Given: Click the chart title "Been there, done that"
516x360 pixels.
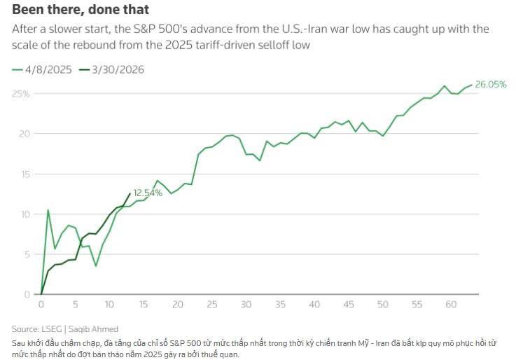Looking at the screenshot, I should tap(81, 11).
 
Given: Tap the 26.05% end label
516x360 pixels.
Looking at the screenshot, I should tap(491, 85).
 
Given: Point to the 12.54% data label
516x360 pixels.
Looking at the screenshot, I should tap(147, 193).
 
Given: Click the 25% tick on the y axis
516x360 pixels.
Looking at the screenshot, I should tap(20, 93).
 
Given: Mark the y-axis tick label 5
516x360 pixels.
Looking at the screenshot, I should tap(25, 254).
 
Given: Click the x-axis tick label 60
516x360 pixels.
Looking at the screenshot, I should tap(451, 305).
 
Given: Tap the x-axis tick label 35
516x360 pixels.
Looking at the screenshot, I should tap(280, 305).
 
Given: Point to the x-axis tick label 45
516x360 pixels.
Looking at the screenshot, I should tap(349, 305).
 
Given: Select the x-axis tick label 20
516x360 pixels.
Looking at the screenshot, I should tap(178, 305).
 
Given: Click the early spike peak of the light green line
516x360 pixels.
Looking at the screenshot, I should tap(48, 210).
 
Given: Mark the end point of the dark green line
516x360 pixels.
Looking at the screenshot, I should tap(130, 194).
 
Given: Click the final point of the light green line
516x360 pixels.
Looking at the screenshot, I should tap(471, 85).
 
